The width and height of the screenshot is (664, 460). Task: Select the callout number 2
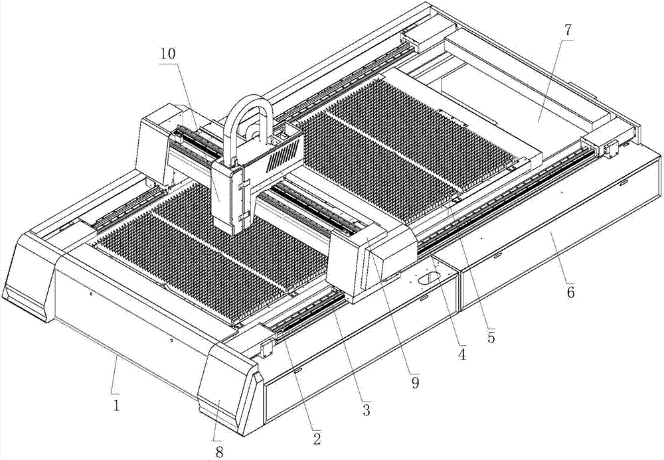click(317, 438)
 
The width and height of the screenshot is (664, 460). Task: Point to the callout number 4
click(461, 354)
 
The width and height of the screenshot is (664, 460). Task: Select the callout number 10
click(168, 54)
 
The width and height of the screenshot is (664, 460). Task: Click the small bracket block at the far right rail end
click(610, 147)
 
